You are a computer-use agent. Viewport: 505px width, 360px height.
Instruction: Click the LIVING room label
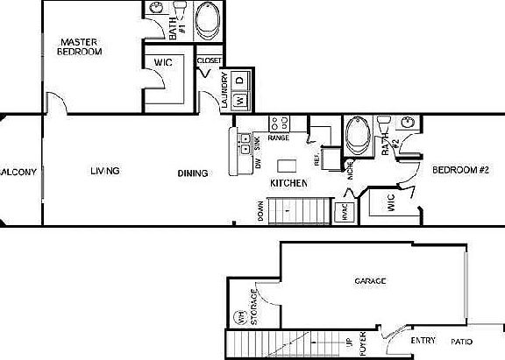[104, 171]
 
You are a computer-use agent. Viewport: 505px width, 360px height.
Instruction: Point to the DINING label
[192, 173]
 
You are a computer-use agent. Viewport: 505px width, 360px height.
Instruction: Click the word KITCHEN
[288, 184]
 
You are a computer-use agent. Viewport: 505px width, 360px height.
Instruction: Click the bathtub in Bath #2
[358, 136]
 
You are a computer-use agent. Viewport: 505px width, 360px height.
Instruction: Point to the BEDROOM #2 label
[459, 169]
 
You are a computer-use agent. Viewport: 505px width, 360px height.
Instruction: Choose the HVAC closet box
[343, 212]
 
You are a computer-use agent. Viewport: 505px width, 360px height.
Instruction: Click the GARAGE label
[370, 281]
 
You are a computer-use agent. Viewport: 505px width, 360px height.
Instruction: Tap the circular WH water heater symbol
[237, 318]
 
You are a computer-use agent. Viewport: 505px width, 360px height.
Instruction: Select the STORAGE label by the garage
[255, 308]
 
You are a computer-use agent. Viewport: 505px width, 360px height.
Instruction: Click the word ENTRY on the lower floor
[423, 341]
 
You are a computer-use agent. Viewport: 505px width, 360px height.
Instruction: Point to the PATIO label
[464, 342]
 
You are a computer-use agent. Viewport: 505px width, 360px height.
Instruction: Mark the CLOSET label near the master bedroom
[209, 60]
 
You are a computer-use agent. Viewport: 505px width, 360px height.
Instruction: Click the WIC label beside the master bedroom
[162, 63]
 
